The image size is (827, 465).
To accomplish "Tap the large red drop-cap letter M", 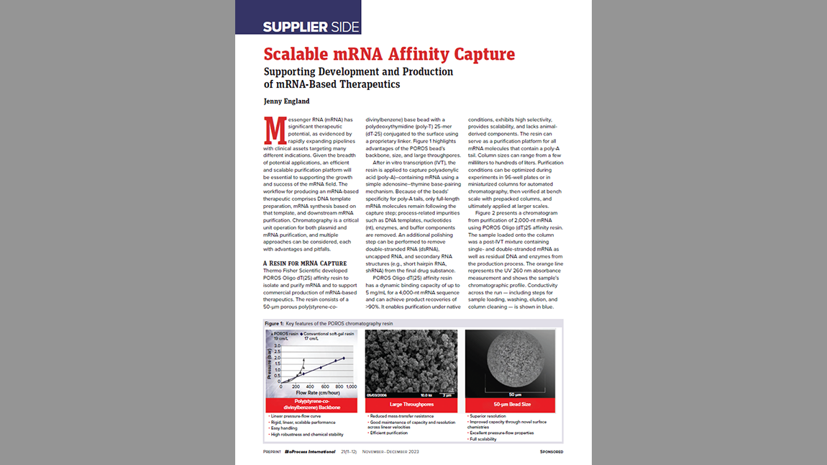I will click(x=274, y=130).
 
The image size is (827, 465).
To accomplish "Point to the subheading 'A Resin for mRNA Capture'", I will click(x=305, y=263).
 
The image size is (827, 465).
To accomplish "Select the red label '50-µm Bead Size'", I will click(x=510, y=405).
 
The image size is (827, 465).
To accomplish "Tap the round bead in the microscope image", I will click(x=510, y=360).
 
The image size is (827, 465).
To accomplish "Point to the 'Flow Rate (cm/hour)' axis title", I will click(x=314, y=392).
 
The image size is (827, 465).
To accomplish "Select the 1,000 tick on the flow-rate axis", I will click(x=352, y=387).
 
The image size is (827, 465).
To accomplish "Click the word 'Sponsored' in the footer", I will click(x=552, y=452).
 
